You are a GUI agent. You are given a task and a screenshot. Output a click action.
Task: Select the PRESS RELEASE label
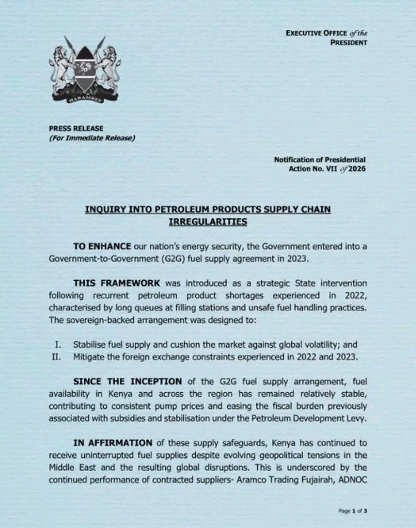(76, 128)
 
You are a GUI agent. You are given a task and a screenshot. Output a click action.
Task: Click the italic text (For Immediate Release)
(92, 138)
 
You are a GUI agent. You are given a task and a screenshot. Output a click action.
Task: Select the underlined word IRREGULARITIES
(208, 222)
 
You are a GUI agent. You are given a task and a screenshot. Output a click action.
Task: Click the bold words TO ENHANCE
(102, 246)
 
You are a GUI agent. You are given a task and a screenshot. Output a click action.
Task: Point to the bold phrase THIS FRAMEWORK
(117, 283)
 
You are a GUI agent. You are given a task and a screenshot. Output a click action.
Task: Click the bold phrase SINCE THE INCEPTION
(127, 382)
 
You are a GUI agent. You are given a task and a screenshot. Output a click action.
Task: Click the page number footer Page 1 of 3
(353, 511)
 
